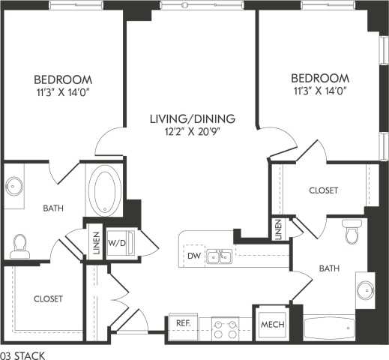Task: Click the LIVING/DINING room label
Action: pos(193,118)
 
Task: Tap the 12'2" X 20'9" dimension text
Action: pos(193,131)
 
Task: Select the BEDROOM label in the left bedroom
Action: pos(63,79)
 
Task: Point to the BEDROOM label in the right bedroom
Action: pos(320,78)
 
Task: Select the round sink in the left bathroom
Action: pos(15,185)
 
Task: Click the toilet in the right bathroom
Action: pos(351,234)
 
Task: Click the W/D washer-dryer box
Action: pos(118,242)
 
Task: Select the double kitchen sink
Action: pos(219,256)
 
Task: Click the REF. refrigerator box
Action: pos(182,323)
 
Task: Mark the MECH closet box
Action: pos(270,324)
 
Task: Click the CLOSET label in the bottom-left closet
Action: pos(48,298)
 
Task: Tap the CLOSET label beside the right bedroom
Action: pos(323,190)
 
